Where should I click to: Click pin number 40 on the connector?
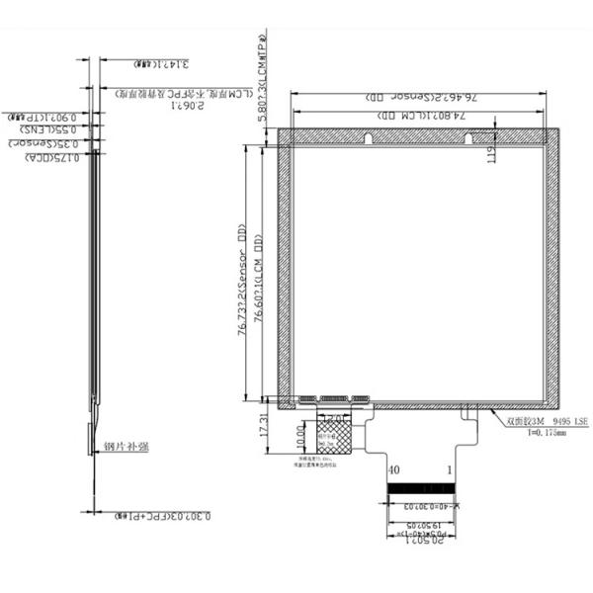click(x=394, y=470)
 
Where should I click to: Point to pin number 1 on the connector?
click(x=451, y=470)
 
